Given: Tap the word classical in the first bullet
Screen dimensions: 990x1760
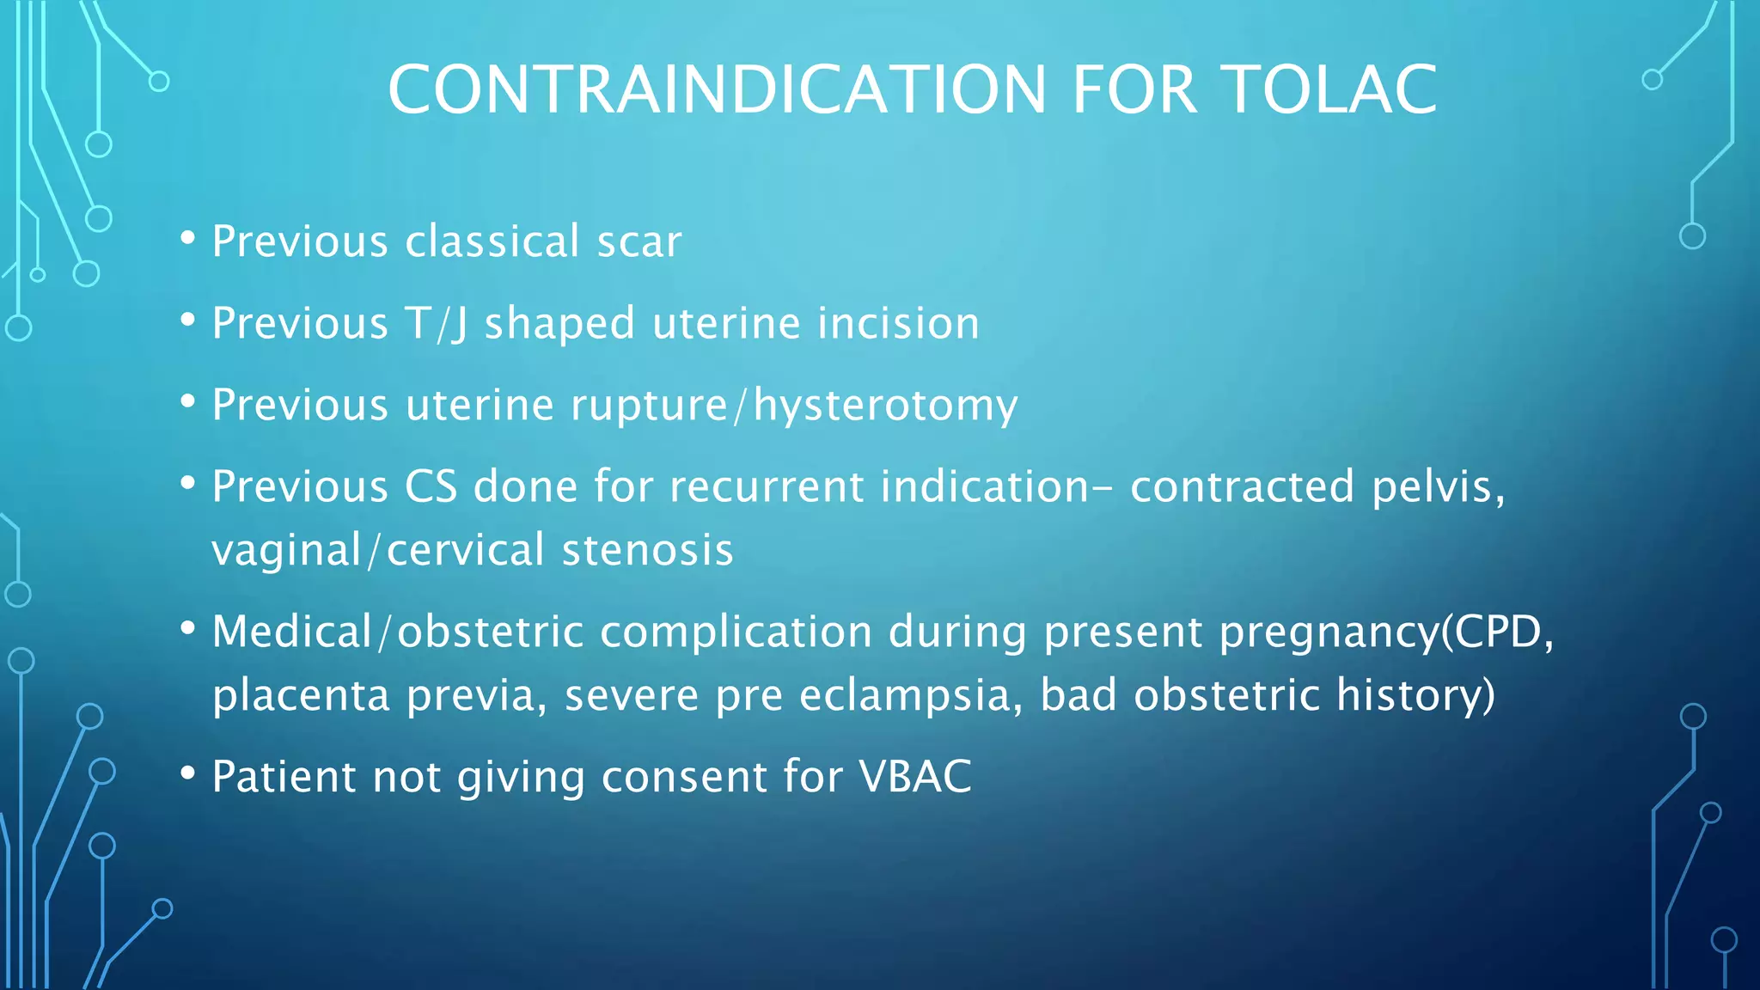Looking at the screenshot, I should point(492,241).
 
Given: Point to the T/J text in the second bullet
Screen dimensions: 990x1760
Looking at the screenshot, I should point(437,324).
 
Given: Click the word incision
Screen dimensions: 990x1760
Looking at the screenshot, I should point(898,324).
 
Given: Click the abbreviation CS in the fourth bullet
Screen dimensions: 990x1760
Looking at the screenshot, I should point(431,487).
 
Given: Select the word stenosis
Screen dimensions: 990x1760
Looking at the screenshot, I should point(647,550).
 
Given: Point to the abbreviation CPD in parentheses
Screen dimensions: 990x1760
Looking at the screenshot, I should point(1499,632).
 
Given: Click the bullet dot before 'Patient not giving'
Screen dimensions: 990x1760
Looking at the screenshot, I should point(188,773).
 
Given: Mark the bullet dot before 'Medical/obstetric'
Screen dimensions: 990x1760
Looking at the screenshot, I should point(188,628).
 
